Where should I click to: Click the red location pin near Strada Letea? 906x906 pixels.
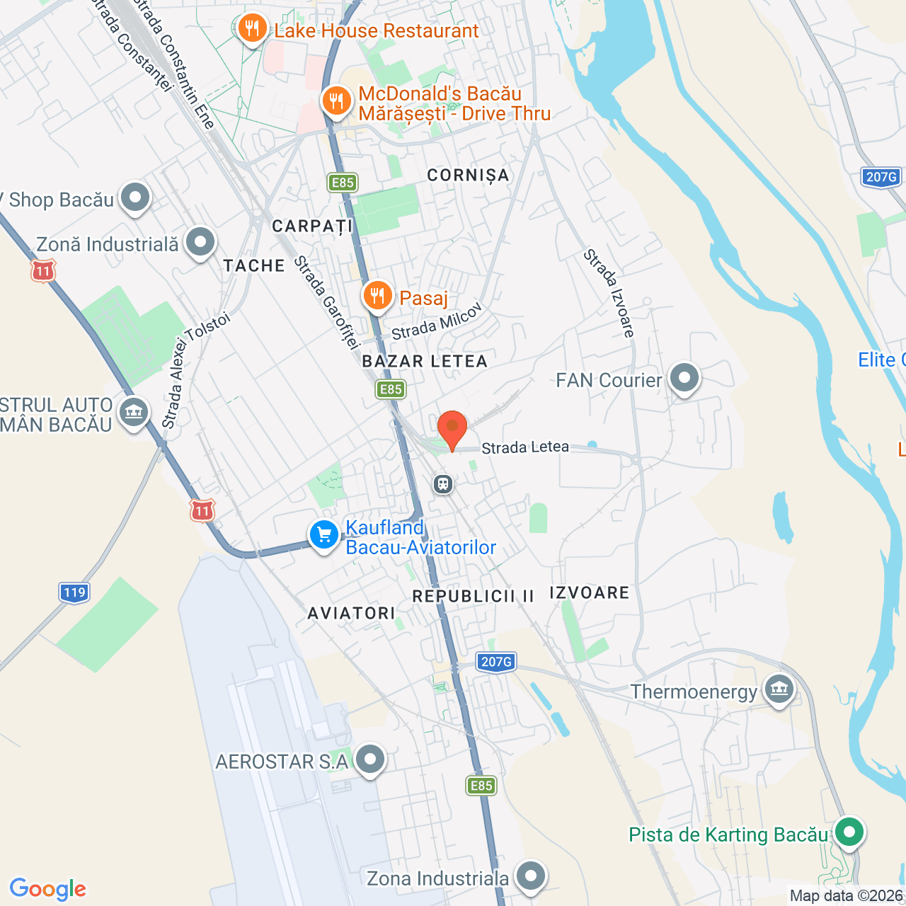[x=452, y=428]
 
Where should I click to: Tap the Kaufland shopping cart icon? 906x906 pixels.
[x=324, y=535]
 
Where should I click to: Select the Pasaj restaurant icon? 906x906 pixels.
[x=377, y=295]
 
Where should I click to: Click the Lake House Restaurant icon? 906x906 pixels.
[x=252, y=29]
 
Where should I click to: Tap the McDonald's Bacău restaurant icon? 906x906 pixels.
[x=337, y=101]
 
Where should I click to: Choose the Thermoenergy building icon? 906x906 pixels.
[x=779, y=689]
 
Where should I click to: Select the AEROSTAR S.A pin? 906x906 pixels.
[x=369, y=759]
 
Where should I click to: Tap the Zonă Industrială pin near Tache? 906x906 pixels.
[x=200, y=243]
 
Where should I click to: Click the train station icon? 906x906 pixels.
[x=443, y=484]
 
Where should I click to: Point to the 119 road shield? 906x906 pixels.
[x=74, y=592]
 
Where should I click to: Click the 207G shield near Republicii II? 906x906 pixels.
[x=496, y=662]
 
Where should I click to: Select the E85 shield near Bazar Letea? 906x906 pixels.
[x=391, y=389]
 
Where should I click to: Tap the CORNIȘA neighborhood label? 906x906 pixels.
[x=468, y=175]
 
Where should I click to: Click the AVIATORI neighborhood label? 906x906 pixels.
[x=351, y=613]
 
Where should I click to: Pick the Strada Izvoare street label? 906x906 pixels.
[x=609, y=293]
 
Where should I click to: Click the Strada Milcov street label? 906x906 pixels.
[x=437, y=321]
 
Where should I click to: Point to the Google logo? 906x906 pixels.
[x=48, y=889]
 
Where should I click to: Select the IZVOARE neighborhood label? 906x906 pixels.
[x=590, y=592]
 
